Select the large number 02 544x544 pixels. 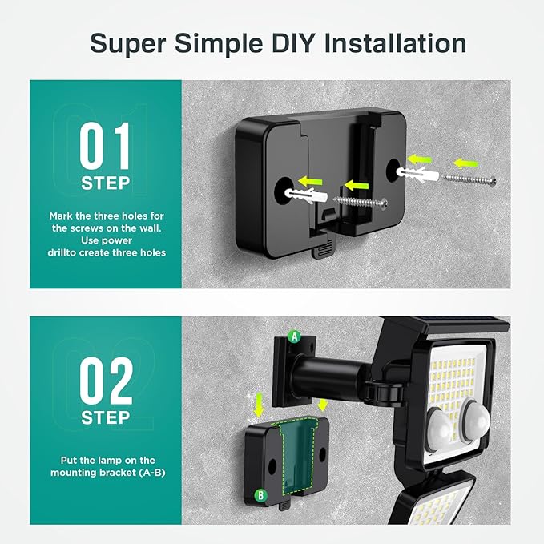click(x=105, y=381)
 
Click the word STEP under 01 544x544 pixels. click(x=105, y=183)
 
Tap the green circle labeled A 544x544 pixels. click(x=295, y=337)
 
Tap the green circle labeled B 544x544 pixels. click(x=260, y=495)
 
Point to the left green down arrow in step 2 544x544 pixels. click(x=258, y=408)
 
